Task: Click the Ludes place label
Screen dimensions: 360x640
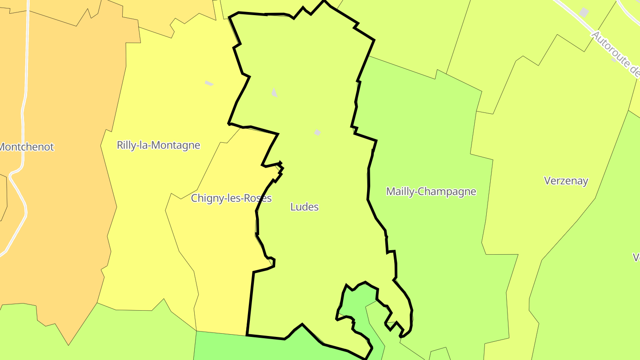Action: click(x=304, y=207)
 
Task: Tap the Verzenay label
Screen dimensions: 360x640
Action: click(x=566, y=180)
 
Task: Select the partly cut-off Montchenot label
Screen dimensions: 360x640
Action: click(x=27, y=147)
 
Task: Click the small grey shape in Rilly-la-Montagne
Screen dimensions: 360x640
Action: click(x=208, y=83)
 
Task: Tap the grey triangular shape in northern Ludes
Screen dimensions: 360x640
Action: click(x=274, y=92)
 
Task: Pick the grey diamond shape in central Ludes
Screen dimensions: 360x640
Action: click(x=317, y=132)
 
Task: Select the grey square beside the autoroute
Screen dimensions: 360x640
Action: click(x=584, y=12)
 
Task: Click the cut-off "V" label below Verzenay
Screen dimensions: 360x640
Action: click(x=636, y=257)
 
